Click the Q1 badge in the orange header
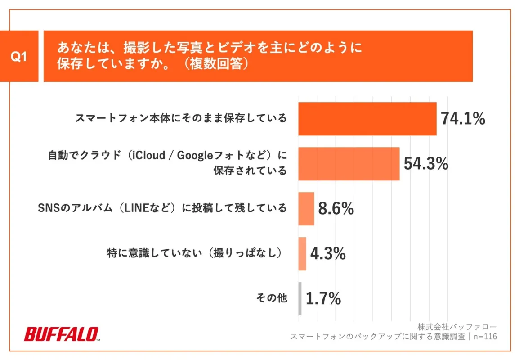pos(19,56)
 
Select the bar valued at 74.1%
pos(367,119)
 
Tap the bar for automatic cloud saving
pos(349,164)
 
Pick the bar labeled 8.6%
pos(306,209)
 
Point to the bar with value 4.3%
pos(302,254)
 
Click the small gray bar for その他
pos(300,298)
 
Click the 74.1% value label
pos(462,119)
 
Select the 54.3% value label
pos(425,164)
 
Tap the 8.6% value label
pos(336,209)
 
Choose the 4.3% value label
pos(328,254)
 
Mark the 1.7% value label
pos(323,298)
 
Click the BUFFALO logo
pos(61,334)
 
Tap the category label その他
pos(271,298)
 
